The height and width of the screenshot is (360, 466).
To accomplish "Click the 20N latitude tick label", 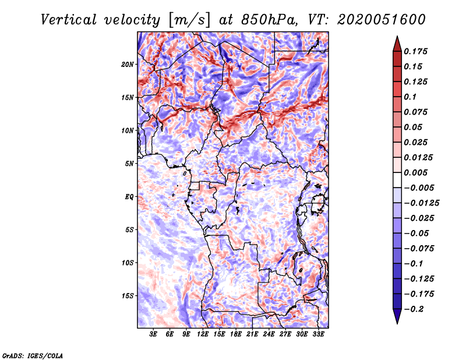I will point(128,64).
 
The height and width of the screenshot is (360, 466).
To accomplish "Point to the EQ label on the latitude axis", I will point(130,197).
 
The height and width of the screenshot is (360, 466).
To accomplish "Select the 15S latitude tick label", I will point(128,296).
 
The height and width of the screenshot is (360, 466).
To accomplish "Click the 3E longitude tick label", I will point(154,335).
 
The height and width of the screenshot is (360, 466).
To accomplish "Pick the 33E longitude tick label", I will point(318,335).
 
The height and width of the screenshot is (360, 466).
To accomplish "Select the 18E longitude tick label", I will point(236,335).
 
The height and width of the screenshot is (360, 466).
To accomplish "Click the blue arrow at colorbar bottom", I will point(397,316).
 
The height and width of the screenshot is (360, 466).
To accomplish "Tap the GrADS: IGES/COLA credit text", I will point(33,355).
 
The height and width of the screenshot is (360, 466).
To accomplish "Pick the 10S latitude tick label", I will point(128,263).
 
